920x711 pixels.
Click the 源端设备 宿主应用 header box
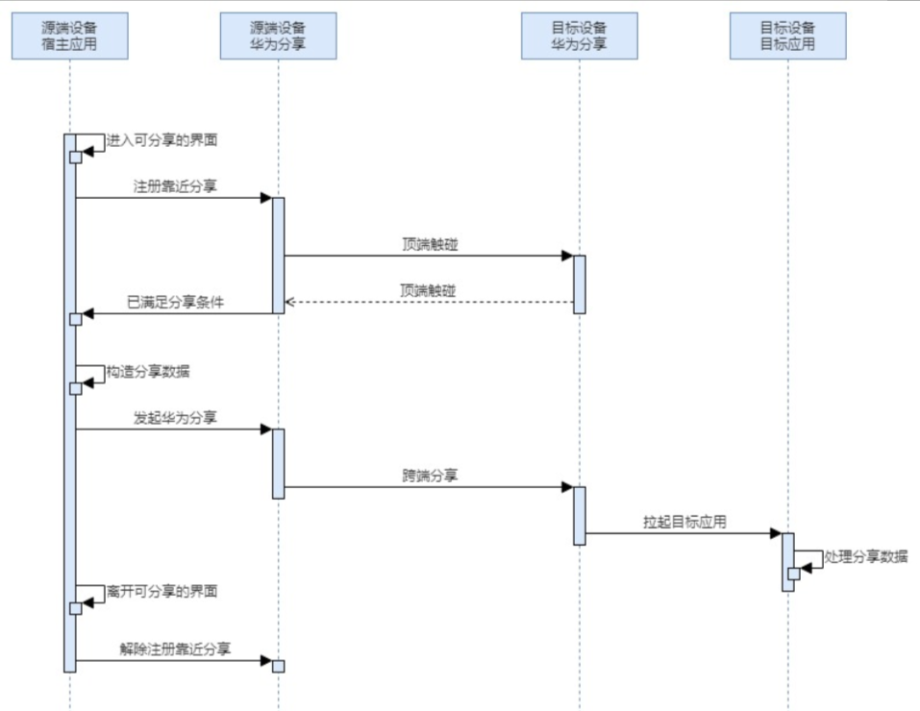(x=70, y=36)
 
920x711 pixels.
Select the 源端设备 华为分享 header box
(x=278, y=36)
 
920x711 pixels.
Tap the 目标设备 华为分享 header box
(x=580, y=36)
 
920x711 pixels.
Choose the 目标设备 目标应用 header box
(x=787, y=36)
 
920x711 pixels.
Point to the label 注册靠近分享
(x=175, y=186)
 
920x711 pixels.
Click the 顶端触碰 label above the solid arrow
(x=430, y=244)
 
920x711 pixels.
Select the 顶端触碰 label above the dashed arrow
(x=430, y=290)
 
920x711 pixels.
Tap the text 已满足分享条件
(x=175, y=302)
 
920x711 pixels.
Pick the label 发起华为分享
(x=175, y=417)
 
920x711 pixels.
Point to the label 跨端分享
(x=430, y=475)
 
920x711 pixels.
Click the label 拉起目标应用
(x=684, y=522)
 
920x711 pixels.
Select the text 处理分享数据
(x=866, y=555)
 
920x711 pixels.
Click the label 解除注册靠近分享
(x=175, y=649)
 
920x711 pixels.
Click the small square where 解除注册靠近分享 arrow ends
(x=279, y=666)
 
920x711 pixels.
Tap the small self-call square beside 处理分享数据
(x=794, y=574)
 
